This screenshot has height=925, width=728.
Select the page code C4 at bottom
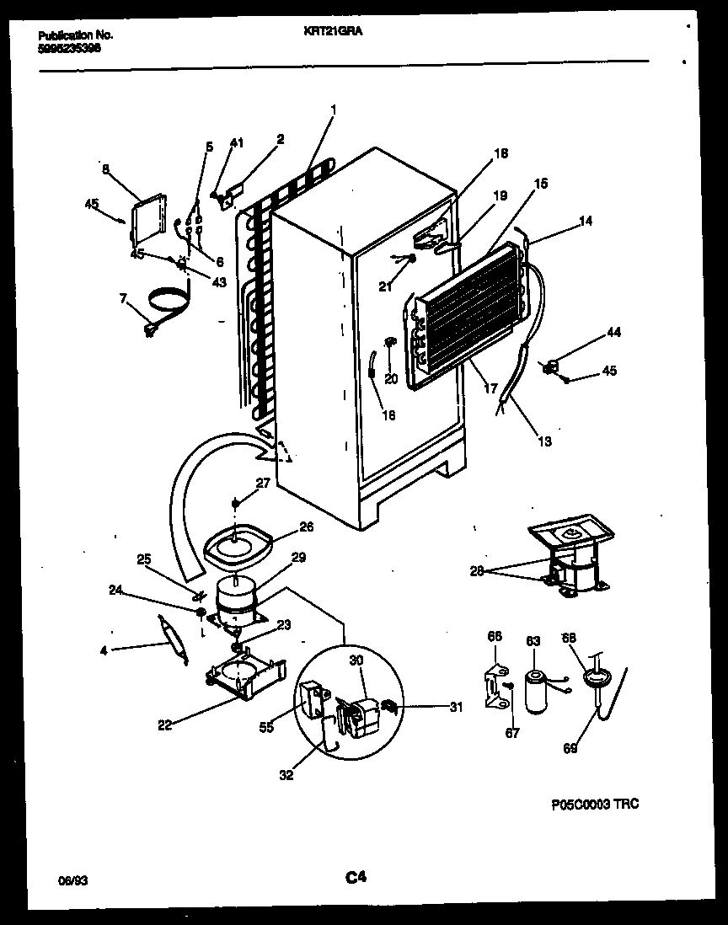(x=356, y=878)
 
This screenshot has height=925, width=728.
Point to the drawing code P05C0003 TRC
(x=595, y=805)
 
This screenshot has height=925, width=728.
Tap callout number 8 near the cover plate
(x=105, y=168)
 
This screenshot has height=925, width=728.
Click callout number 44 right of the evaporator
(x=613, y=333)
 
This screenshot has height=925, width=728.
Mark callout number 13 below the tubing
(x=545, y=441)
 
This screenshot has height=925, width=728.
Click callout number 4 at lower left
(x=104, y=650)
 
